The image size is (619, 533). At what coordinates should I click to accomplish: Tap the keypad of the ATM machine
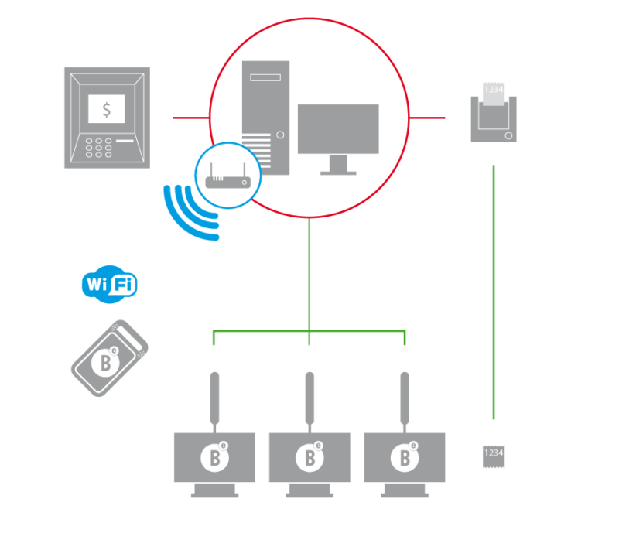click(x=98, y=148)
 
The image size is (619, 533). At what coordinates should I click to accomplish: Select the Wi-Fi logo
click(x=109, y=285)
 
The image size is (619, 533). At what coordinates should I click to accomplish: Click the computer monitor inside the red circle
click(x=338, y=132)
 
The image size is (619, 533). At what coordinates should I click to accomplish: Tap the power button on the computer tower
click(x=280, y=135)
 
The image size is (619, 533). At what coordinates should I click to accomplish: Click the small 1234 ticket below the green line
click(x=494, y=456)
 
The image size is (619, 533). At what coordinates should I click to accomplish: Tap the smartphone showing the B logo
click(x=109, y=358)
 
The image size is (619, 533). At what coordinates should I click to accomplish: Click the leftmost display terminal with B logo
click(x=214, y=457)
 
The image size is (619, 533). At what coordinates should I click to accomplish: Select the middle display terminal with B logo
click(x=309, y=457)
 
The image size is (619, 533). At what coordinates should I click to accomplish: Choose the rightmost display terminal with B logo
click(x=404, y=457)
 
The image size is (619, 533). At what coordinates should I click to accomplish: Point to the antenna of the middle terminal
click(x=309, y=398)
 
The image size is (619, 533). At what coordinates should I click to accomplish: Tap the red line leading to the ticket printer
click(x=427, y=118)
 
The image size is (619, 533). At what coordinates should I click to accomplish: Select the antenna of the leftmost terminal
click(x=214, y=398)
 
